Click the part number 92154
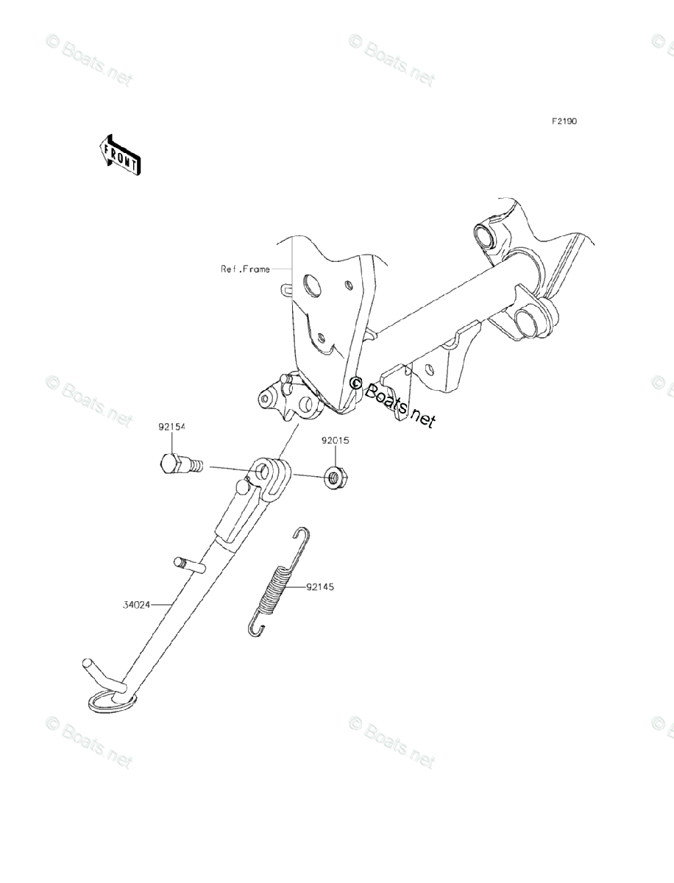(x=172, y=427)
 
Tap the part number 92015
(x=335, y=441)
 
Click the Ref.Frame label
(x=245, y=269)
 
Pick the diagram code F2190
(x=560, y=121)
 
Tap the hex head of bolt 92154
(x=168, y=464)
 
